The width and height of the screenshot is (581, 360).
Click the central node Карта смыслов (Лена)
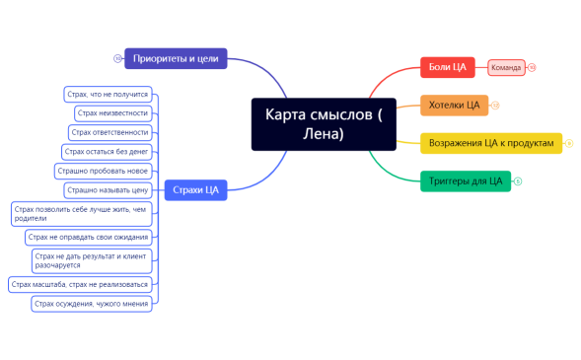(323, 124)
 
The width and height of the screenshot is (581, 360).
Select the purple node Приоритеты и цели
(177, 59)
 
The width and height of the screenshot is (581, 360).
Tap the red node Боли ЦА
(448, 67)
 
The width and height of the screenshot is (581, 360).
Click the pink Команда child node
(506, 68)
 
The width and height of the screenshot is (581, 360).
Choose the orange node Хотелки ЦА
(454, 105)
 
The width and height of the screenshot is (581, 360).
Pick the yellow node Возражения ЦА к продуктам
(491, 143)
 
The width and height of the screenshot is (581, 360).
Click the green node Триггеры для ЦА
(466, 180)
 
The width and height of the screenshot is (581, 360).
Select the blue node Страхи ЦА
(195, 188)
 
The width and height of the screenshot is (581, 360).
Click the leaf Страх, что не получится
(107, 95)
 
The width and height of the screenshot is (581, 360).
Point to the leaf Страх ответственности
(110, 132)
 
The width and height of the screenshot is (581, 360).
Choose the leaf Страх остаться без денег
(106, 151)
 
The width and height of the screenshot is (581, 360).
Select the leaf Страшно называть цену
(108, 188)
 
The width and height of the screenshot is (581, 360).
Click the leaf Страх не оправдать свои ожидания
(88, 237)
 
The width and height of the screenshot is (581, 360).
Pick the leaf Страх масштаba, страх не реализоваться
(80, 284)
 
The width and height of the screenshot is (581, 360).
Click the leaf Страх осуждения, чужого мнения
(91, 303)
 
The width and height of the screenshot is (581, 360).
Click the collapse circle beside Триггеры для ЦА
(518, 180)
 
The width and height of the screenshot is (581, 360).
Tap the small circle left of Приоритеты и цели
(117, 59)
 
